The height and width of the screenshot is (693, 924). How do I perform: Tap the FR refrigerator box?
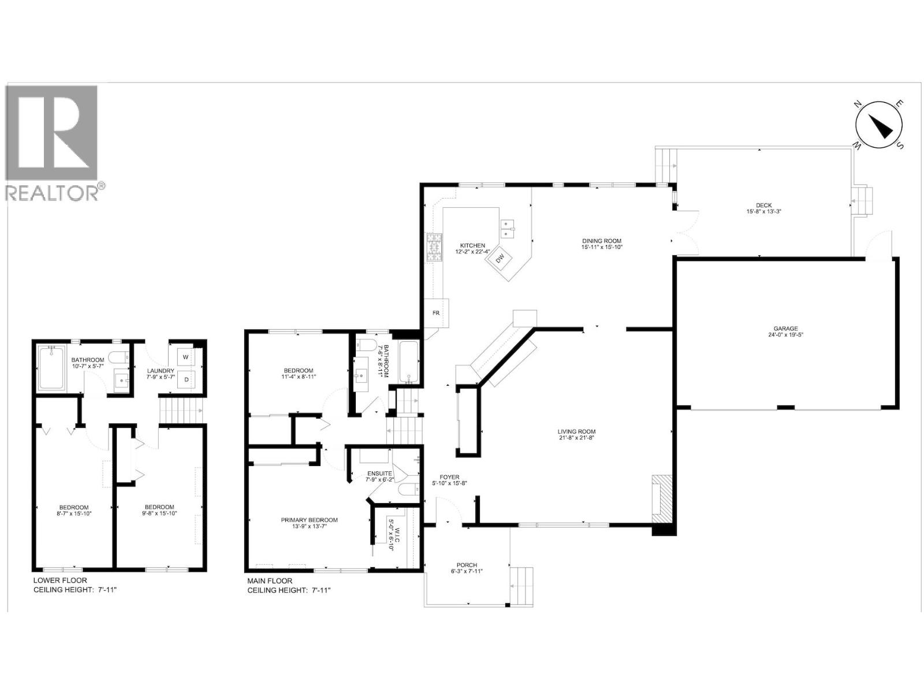click(x=437, y=313)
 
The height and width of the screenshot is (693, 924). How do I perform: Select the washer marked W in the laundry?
click(x=185, y=357)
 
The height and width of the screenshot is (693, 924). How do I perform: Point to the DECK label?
click(x=763, y=206)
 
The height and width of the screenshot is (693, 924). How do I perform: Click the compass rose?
click(x=879, y=126)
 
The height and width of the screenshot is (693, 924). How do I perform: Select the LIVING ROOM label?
click(x=576, y=431)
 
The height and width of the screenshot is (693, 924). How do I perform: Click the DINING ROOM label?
click(x=602, y=241)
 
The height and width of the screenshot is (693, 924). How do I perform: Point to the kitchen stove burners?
click(x=434, y=247)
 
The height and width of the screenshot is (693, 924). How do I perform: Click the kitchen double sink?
click(x=508, y=229)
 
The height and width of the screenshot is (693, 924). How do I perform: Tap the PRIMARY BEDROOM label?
click(x=309, y=520)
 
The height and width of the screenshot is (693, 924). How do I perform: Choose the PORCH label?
click(x=467, y=565)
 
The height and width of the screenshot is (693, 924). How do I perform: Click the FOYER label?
click(x=449, y=477)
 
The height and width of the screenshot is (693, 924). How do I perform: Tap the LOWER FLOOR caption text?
click(x=60, y=580)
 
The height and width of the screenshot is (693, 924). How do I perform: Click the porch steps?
click(x=522, y=586)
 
